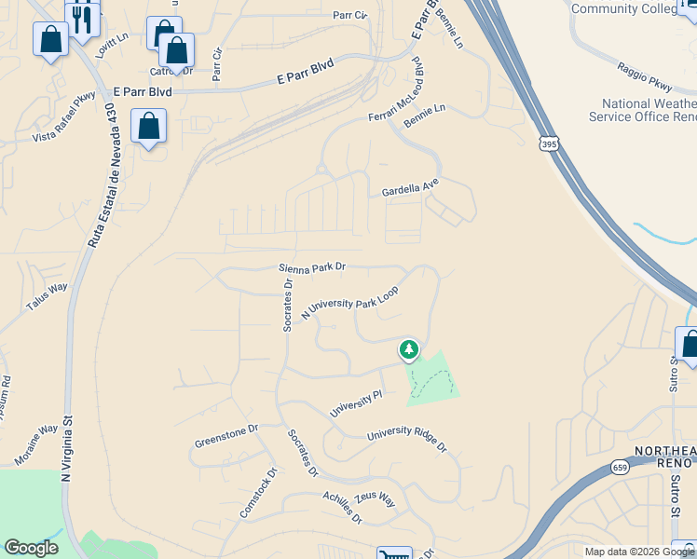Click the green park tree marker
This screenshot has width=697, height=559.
coord(408,350)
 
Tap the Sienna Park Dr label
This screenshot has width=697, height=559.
coord(312,267)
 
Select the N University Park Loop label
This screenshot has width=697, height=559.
coord(349,304)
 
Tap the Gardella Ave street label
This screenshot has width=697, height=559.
coord(409,188)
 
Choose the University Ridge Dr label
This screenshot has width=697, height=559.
coord(407,441)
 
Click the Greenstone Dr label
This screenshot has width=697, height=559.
coord(225,436)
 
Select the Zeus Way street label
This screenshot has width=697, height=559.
coord(375,498)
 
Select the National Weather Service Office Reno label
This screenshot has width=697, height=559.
coord(642,110)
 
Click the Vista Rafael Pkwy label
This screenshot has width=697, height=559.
coord(64,117)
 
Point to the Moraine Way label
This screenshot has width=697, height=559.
coord(36,445)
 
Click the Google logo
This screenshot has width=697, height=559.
coord(31,548)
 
